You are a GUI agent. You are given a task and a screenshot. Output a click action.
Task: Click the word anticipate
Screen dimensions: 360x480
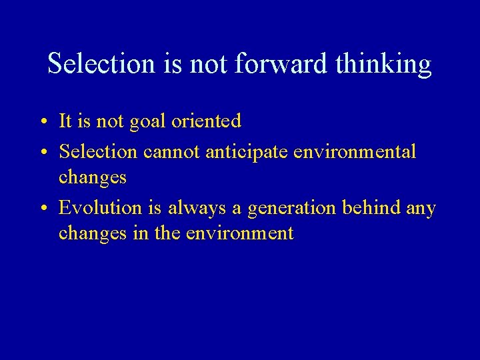point(247,153)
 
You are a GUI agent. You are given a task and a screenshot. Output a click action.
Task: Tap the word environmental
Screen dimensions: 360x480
point(355,152)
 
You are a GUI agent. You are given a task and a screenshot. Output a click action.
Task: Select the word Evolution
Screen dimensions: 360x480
point(101,208)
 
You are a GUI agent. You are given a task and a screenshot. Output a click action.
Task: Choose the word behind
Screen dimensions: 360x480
point(371,208)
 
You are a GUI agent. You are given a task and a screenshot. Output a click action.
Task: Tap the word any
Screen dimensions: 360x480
point(421,209)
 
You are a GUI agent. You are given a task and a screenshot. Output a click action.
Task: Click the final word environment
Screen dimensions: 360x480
point(240,233)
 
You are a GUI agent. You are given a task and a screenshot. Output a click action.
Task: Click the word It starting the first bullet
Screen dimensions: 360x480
point(65,121)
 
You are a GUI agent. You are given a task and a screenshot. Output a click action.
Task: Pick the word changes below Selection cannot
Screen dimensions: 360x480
point(92,178)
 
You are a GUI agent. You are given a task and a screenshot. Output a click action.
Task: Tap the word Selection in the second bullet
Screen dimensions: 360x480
point(98,152)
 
